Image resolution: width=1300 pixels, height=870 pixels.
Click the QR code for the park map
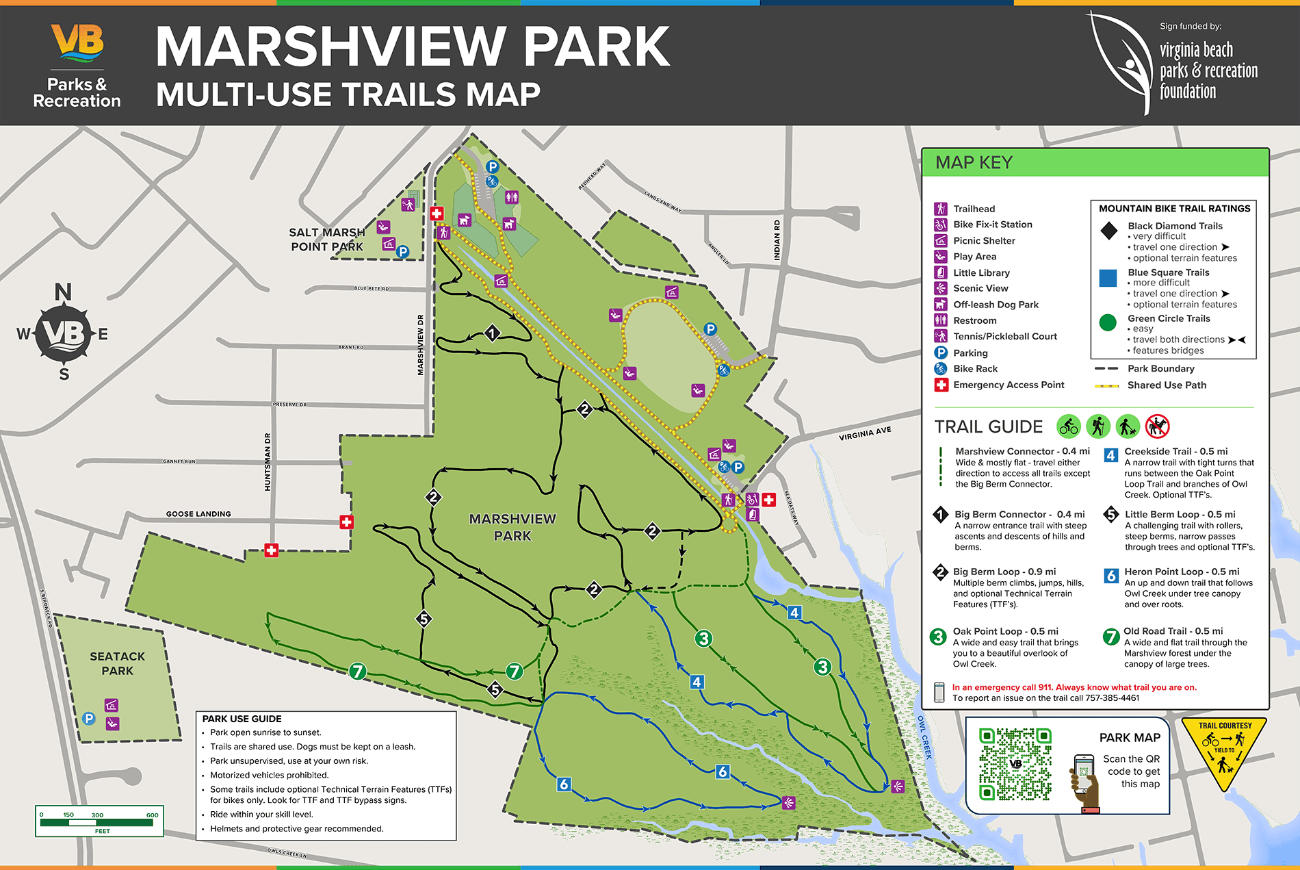coord(1015,764)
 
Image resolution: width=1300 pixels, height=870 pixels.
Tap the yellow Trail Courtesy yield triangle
coord(1224,750)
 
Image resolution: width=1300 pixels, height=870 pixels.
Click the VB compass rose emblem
coord(63,333)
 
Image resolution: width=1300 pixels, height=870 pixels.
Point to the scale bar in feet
coord(99,821)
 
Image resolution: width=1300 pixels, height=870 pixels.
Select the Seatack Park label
coord(117,663)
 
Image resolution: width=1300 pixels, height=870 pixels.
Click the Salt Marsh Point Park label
coord(327,240)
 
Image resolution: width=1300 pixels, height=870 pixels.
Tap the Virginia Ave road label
coord(865,433)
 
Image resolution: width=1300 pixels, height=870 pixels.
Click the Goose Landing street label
coord(198,514)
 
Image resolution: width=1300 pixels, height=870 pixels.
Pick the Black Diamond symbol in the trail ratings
coord(1108,231)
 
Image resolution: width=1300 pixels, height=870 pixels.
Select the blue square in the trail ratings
coord(1108,278)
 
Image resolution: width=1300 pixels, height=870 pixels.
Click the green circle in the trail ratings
coord(1108,323)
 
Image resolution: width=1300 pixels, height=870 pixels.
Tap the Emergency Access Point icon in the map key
coord(941,385)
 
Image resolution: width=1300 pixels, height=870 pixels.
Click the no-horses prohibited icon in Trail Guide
coord(1157,426)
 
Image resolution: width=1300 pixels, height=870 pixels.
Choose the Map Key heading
coord(974,163)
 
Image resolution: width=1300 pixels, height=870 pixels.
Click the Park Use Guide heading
coord(242,719)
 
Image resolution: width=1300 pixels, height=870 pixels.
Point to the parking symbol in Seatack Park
coord(88,718)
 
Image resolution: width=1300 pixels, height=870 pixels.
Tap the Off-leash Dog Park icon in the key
coord(941,305)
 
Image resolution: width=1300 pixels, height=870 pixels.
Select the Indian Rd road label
coord(777,240)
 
